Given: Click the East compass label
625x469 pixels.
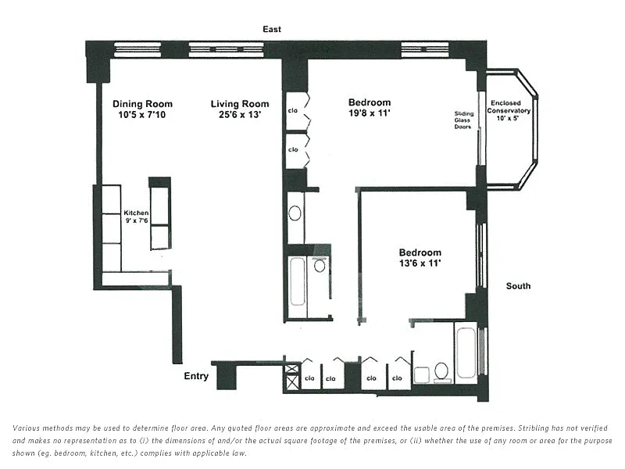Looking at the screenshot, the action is [x=272, y=29].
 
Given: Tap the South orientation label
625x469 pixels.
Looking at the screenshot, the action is [x=518, y=286].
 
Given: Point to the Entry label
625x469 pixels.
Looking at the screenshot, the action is [x=196, y=376].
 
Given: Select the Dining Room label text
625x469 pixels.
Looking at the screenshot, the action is [x=143, y=104].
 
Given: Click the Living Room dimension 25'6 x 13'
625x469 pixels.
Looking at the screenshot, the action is [x=240, y=115].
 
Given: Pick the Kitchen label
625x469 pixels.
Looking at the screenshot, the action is [x=136, y=213].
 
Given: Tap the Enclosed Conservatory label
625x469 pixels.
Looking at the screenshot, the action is [x=509, y=107].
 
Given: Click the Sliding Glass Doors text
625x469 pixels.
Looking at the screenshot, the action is [x=463, y=120].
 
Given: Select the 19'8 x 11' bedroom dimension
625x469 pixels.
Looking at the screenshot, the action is [x=369, y=113].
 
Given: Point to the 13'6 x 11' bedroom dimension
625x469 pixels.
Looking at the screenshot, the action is [x=420, y=263].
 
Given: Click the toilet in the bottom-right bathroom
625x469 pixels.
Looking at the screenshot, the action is [x=441, y=372].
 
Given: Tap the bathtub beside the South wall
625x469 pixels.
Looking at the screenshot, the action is [x=466, y=353].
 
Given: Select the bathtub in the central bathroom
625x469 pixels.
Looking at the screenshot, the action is [x=298, y=282].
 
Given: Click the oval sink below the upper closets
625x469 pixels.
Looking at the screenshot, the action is [x=295, y=213].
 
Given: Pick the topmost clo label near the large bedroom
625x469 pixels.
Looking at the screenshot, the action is [x=293, y=110].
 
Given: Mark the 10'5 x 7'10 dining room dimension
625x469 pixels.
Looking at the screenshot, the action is [x=142, y=115].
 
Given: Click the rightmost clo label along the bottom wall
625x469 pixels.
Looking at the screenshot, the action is [x=397, y=378].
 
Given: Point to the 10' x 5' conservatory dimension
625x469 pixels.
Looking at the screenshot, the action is [x=507, y=118].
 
